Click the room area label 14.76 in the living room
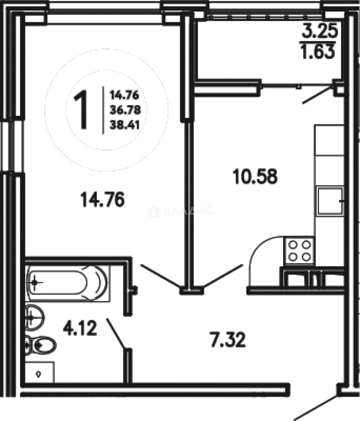click(x=102, y=200)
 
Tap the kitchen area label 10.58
click(x=255, y=177)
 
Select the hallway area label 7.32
click(x=228, y=340)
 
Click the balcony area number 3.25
click(x=320, y=31)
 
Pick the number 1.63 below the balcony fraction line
click(x=318, y=52)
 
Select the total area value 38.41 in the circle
click(x=125, y=125)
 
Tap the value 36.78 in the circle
click(x=125, y=110)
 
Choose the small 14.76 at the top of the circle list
click(x=124, y=95)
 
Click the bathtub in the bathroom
click(x=69, y=283)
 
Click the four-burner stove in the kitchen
click(x=299, y=251)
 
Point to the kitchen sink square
click(x=330, y=201)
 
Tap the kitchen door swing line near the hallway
click(x=223, y=277)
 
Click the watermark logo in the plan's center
click(x=180, y=211)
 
